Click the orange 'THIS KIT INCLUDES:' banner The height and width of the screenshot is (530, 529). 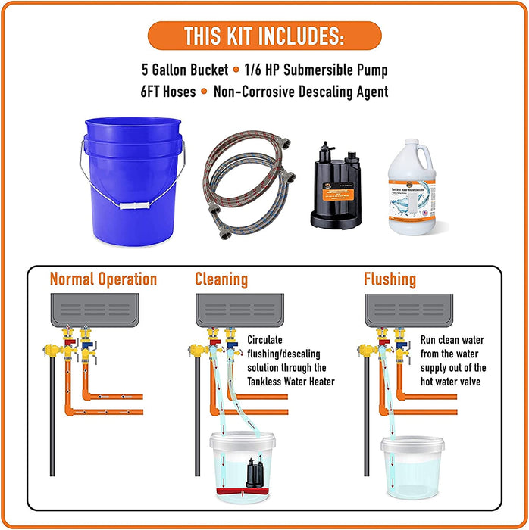click(264, 35)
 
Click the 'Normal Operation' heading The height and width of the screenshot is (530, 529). click(103, 279)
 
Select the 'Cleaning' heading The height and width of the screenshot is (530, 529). click(221, 279)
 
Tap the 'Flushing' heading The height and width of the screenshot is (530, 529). click(390, 279)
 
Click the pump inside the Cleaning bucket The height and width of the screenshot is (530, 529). click(252, 472)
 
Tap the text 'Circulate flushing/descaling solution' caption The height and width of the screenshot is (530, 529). click(290, 360)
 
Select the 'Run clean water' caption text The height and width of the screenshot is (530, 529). click(452, 360)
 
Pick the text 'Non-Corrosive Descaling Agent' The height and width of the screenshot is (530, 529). click(301, 92)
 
